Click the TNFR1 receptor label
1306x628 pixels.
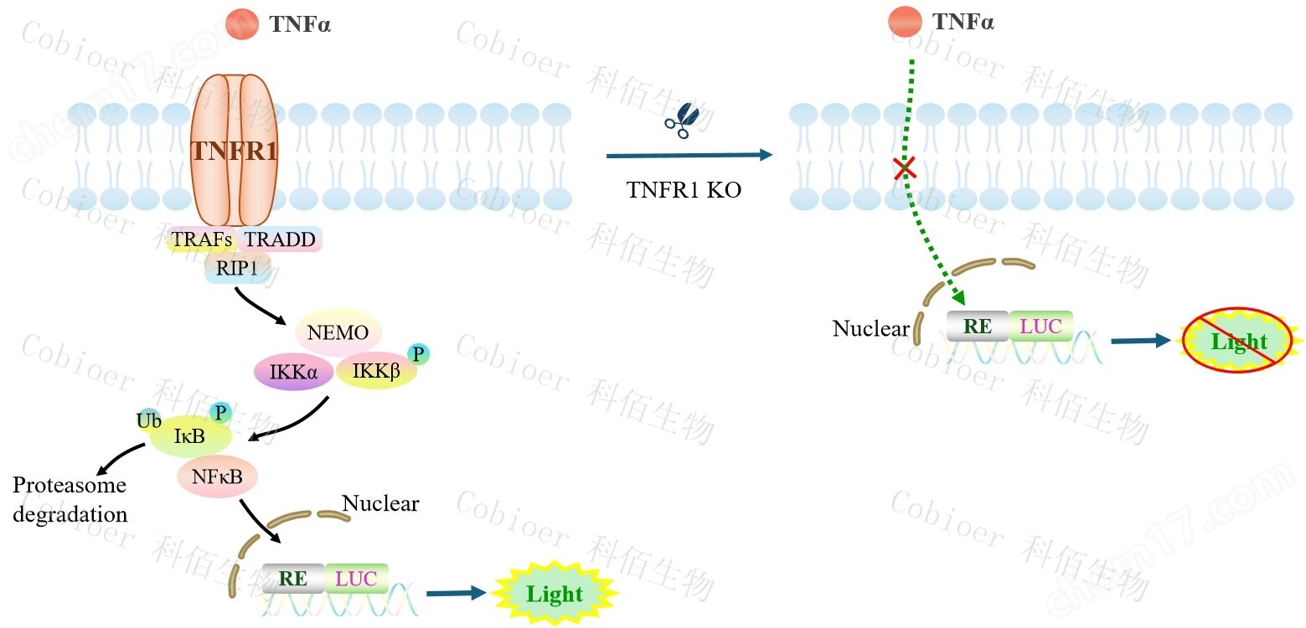pyautogui.click(x=234, y=151)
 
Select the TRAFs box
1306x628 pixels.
pyautogui.click(x=201, y=240)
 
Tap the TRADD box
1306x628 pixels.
pyautogui.click(x=281, y=240)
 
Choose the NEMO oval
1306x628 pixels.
pyautogui.click(x=338, y=332)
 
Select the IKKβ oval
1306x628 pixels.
pyautogui.click(x=376, y=371)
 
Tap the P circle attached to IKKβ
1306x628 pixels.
pyautogui.click(x=417, y=354)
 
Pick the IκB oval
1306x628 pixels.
pyautogui.click(x=188, y=436)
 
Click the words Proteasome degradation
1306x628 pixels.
pyautogui.click(x=70, y=499)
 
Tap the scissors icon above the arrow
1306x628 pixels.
pyautogui.click(x=681, y=121)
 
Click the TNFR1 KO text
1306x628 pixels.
pyautogui.click(x=684, y=190)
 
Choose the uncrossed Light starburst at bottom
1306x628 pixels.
pyautogui.click(x=554, y=594)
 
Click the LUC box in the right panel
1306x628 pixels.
pyautogui.click(x=1040, y=327)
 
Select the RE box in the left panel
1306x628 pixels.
pyautogui.click(x=292, y=578)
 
